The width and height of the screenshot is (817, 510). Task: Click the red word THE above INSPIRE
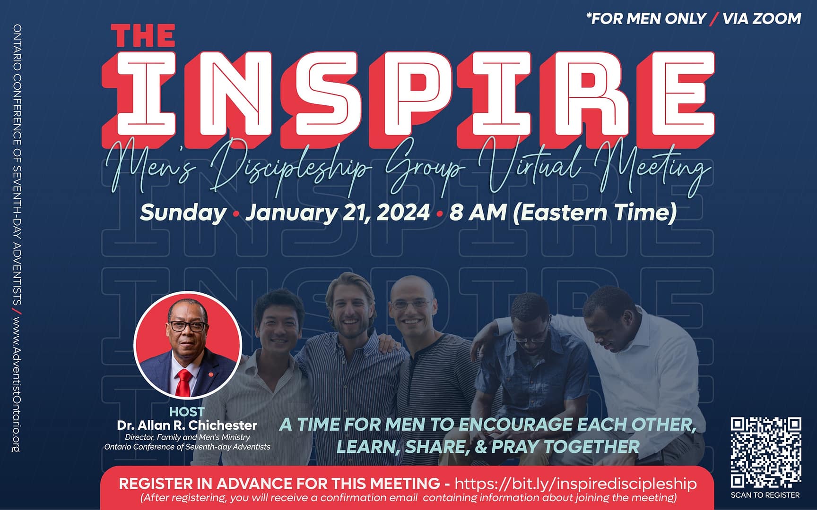pyautogui.click(x=143, y=36)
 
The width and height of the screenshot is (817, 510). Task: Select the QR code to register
pyautogui.click(x=765, y=452)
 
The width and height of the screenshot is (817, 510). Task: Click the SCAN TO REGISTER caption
pyautogui.click(x=765, y=495)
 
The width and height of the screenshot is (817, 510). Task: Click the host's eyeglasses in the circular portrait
pyautogui.click(x=187, y=326)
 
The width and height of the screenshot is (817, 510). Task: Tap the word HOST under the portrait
pyautogui.click(x=187, y=412)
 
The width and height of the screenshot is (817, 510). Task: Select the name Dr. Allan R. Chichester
pyautogui.click(x=187, y=425)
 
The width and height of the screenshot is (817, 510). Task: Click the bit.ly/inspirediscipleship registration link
pyautogui.click(x=575, y=484)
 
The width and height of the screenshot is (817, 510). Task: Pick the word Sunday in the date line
pyautogui.click(x=183, y=212)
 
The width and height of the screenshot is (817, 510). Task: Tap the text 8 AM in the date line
pyautogui.click(x=478, y=212)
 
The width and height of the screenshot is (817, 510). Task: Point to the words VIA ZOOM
pyautogui.click(x=762, y=18)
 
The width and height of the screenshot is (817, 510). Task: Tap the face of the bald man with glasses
pyautogui.click(x=410, y=309)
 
